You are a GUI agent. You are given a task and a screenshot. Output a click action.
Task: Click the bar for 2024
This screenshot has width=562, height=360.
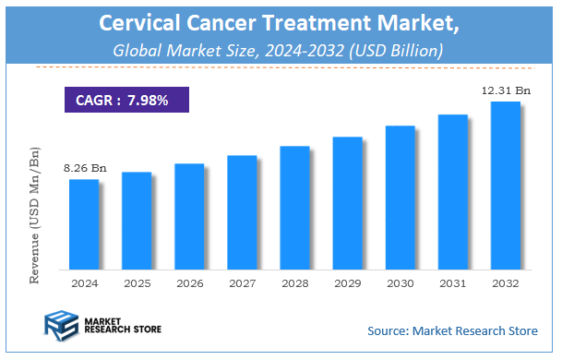84,223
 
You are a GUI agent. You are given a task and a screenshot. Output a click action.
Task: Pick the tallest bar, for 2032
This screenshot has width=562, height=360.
506,185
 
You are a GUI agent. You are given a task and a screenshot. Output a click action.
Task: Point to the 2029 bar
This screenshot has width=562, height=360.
348,202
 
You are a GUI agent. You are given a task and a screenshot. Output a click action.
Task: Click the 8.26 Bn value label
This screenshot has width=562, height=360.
85,168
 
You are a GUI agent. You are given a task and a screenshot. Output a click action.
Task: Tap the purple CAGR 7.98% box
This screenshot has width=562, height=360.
126,99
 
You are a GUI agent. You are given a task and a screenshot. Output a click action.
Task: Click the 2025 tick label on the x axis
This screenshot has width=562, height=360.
137,283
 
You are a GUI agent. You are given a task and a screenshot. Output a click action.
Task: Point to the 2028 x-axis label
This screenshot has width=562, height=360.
294,283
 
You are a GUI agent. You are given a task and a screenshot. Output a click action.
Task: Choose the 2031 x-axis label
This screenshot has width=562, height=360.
452,283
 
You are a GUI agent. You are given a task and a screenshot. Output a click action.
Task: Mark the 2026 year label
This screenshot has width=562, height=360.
189,283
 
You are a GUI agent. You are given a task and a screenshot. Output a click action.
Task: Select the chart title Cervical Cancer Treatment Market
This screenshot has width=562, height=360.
280,21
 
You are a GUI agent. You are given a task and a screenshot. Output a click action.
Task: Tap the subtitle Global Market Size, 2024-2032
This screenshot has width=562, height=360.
280,51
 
